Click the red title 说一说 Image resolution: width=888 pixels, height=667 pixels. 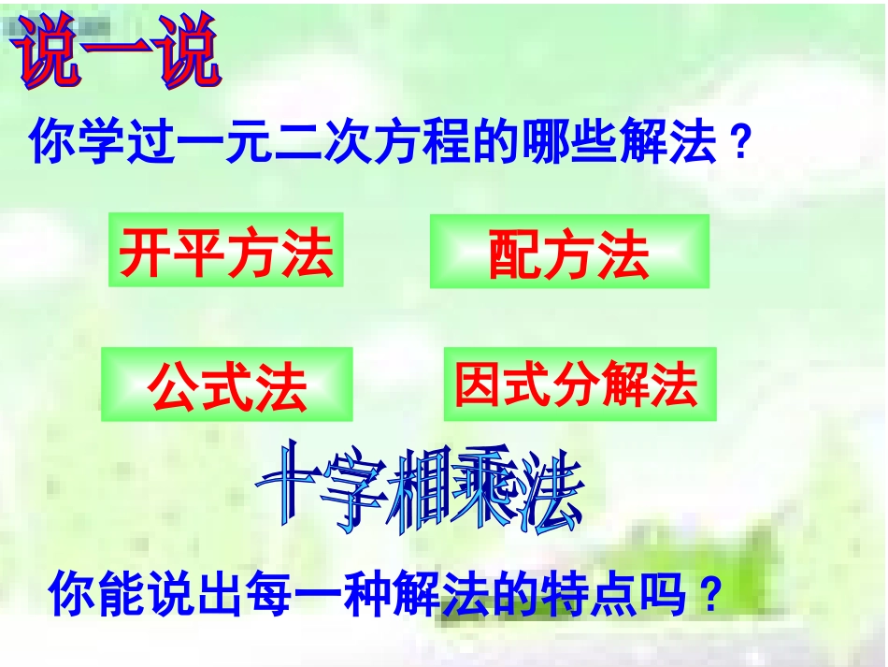point(117,54)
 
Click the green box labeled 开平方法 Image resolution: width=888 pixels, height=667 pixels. point(226,251)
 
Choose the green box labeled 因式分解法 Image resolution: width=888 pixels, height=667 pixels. point(580,384)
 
